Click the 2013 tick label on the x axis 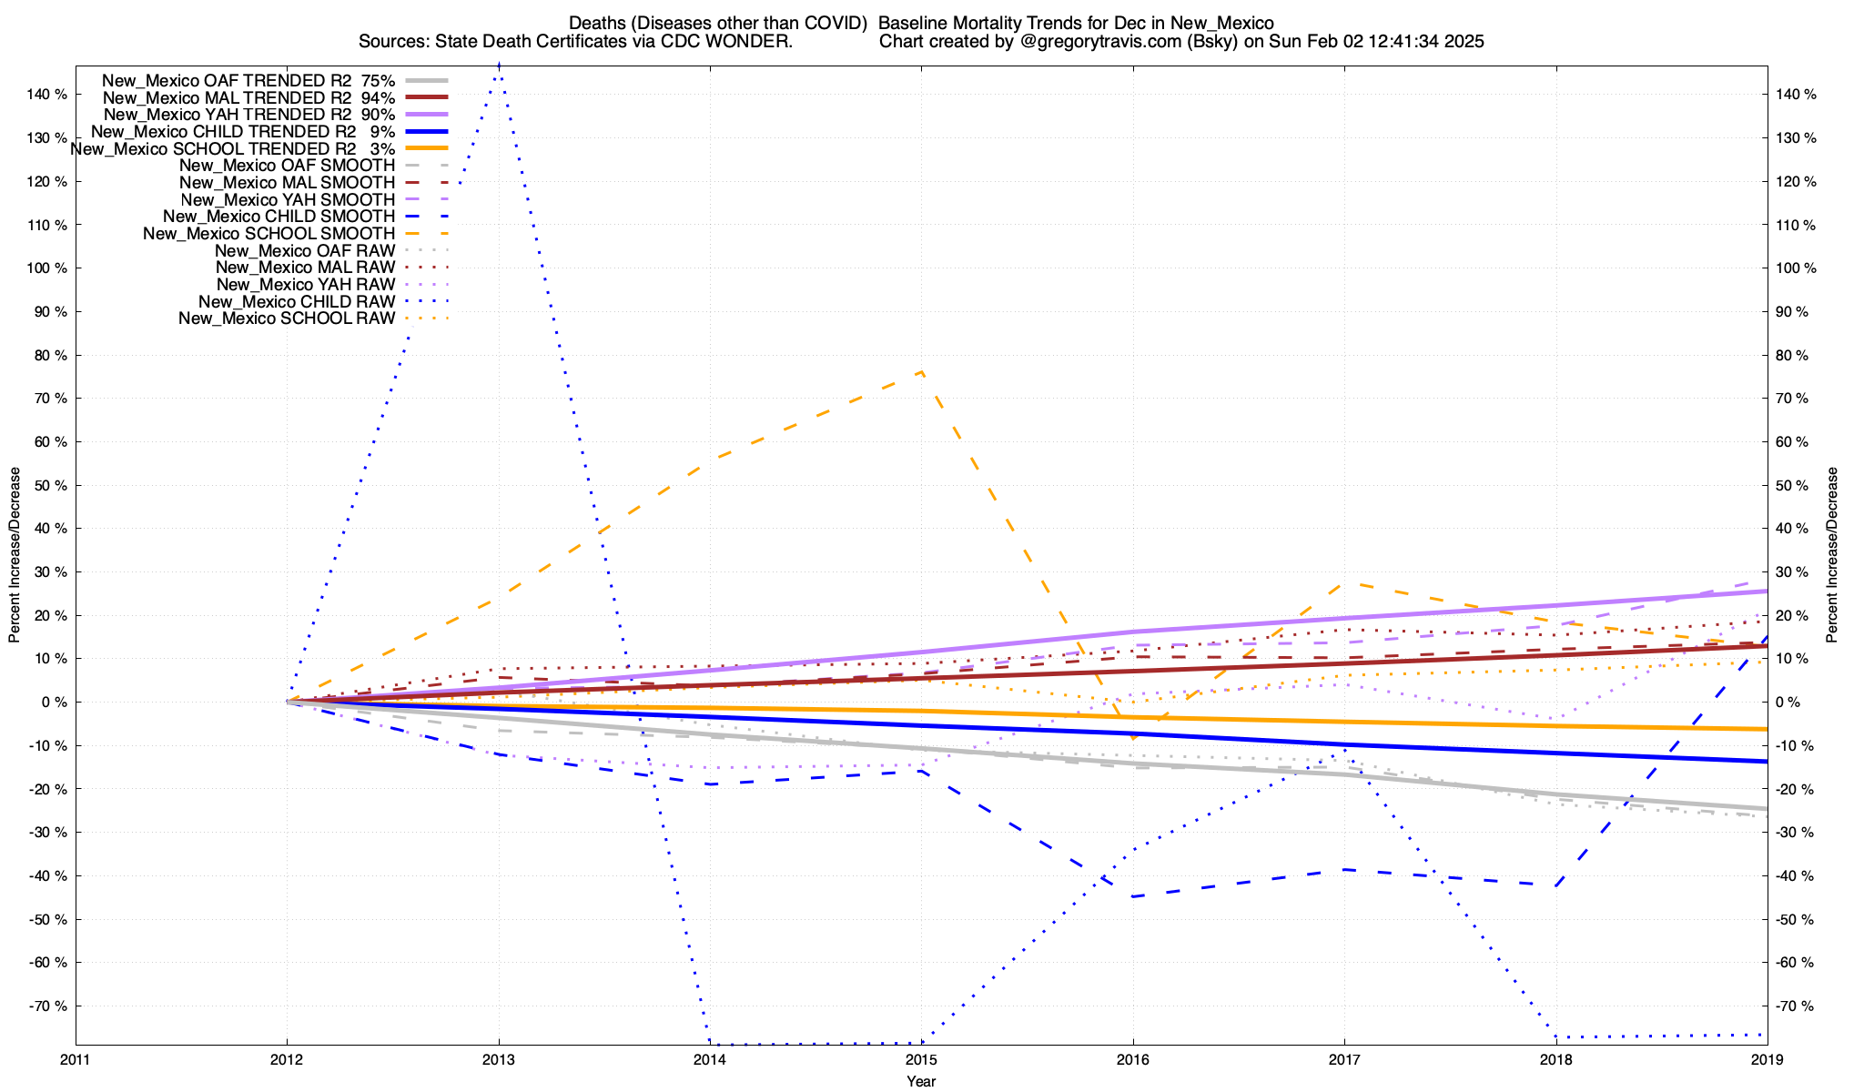(x=498, y=1059)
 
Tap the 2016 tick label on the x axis (x=1132, y=1059)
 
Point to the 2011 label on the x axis (x=76, y=1059)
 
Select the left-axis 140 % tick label (x=47, y=95)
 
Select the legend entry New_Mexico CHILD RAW (x=297, y=302)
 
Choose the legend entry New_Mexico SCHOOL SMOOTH (x=269, y=234)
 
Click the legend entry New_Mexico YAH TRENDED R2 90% (x=249, y=115)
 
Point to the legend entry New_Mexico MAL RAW (x=305, y=268)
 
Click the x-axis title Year (x=921, y=1081)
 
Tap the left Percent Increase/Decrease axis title (x=15, y=555)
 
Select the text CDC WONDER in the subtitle (x=745, y=42)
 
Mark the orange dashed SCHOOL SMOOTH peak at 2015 (x=922, y=371)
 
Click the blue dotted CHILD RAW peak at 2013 (x=499, y=66)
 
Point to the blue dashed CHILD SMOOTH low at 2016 (x=1133, y=896)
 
